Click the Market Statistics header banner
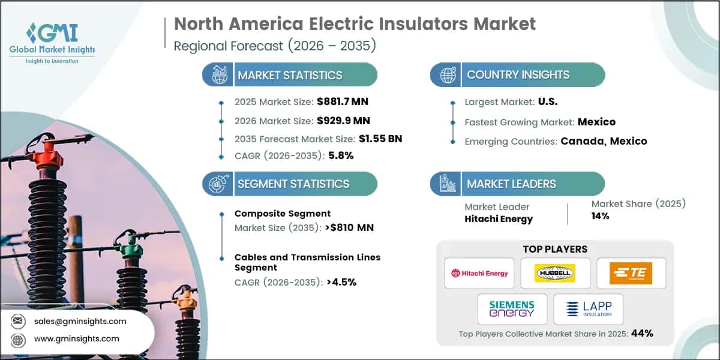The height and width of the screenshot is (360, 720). pyautogui.click(x=290, y=75)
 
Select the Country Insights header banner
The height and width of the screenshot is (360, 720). pyautogui.click(x=518, y=75)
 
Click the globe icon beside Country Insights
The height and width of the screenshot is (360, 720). pyautogui.click(x=447, y=75)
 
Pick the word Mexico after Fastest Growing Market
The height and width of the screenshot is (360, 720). pyautogui.click(x=596, y=122)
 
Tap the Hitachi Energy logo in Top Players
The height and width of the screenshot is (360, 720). pyautogui.click(x=479, y=273)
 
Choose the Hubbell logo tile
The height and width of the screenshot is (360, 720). pyautogui.click(x=555, y=273)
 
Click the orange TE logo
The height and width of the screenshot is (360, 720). pyautogui.click(x=631, y=273)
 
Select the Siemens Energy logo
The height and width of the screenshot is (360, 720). pyautogui.click(x=512, y=309)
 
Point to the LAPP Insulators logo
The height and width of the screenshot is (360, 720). pyautogui.click(x=588, y=309)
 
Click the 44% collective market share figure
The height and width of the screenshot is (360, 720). pyautogui.click(x=641, y=333)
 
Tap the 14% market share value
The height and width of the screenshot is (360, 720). pyautogui.click(x=600, y=215)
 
